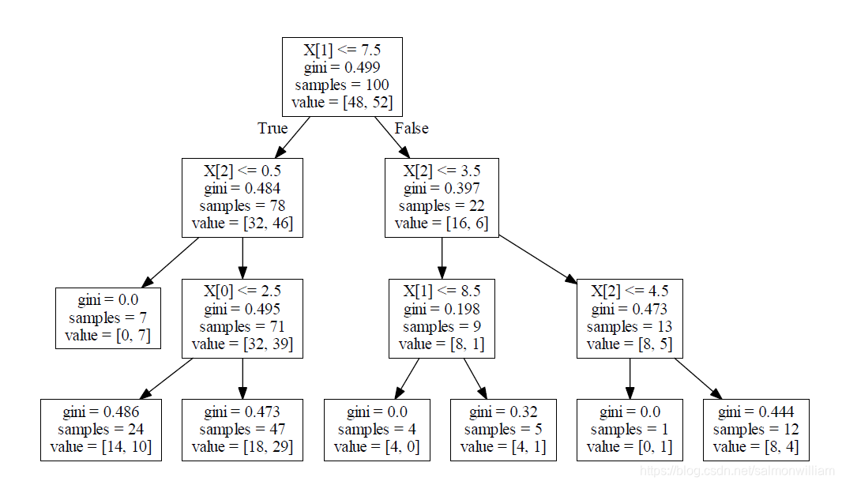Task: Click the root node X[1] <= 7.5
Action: click(x=342, y=77)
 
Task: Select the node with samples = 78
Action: click(x=242, y=197)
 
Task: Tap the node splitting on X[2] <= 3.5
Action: click(x=442, y=197)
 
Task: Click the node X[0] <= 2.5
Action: click(x=242, y=318)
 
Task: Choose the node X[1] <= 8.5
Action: click(x=442, y=318)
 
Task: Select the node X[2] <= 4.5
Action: click(x=629, y=318)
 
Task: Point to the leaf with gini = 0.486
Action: click(x=101, y=430)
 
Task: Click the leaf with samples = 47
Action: click(x=242, y=430)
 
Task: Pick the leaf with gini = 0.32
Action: click(x=503, y=430)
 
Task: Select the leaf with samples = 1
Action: click(x=629, y=430)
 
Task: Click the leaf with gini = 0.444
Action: click(x=756, y=430)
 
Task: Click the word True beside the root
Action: click(x=273, y=128)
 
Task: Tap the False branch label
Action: click(x=412, y=128)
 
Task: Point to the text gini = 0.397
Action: click(x=442, y=189)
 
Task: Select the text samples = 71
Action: click(x=242, y=326)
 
